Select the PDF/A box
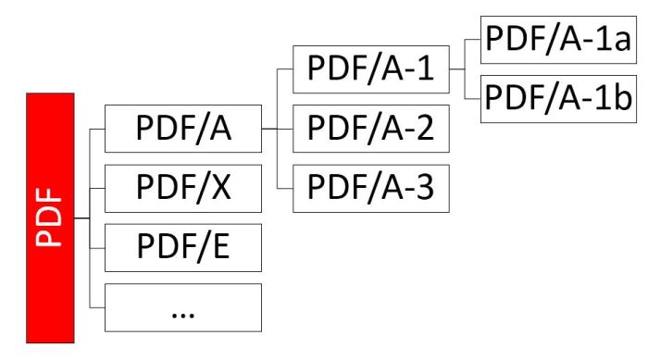click(x=183, y=130)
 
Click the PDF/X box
click(x=183, y=188)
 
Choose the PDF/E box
click(x=183, y=249)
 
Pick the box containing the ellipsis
click(x=183, y=308)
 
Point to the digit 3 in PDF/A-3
click(x=426, y=189)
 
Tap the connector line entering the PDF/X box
click(x=97, y=188)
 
